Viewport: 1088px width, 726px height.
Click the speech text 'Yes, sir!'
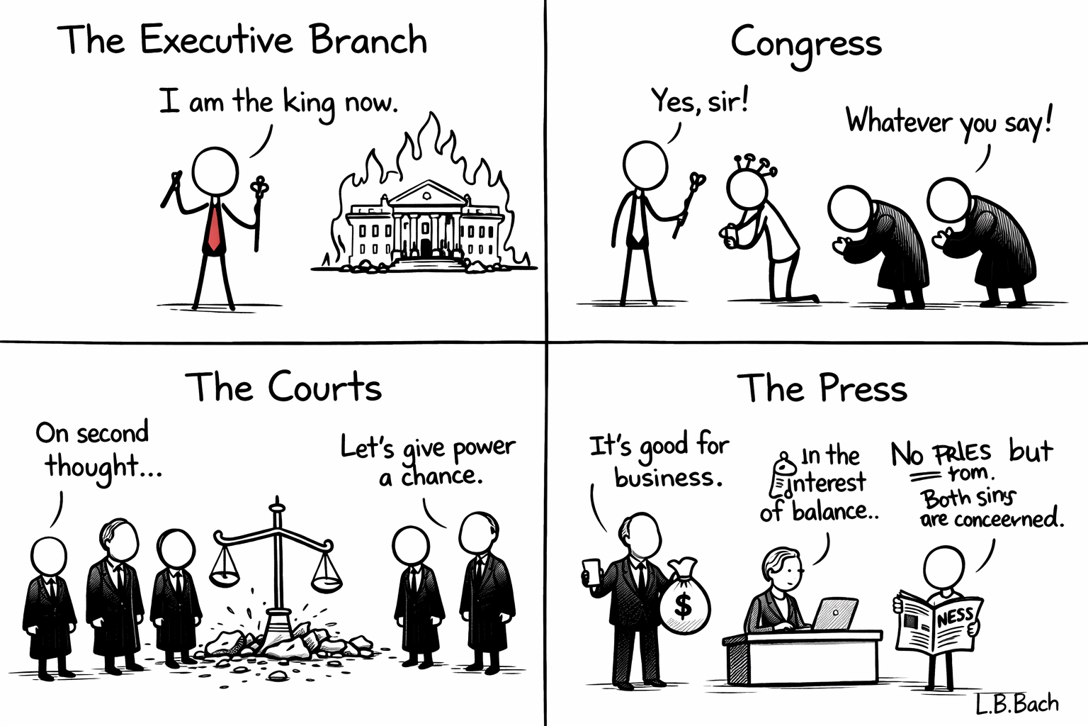700,101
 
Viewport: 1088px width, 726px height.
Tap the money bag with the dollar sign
684,599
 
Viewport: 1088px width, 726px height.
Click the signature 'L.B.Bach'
1016,703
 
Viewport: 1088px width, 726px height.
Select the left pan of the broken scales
225,571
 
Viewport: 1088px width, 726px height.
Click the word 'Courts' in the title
324,388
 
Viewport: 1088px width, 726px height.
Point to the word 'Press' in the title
863,389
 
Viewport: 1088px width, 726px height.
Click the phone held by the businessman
592,571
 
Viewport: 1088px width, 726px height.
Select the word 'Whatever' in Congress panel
898,121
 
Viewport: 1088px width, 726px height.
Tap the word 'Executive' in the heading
216,40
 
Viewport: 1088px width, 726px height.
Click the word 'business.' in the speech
668,478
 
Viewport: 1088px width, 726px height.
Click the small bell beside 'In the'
784,464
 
